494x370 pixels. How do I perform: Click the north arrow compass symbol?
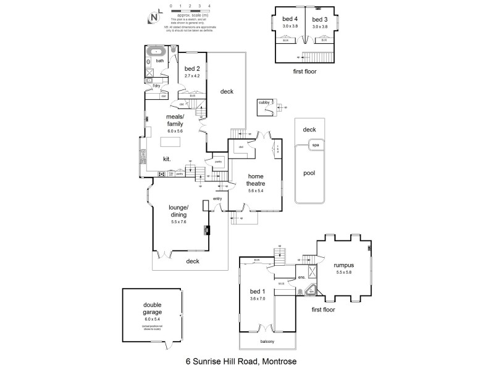tap(153, 17)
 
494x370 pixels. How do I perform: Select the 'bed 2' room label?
tap(193, 68)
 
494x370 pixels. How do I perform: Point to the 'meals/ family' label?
tap(176, 120)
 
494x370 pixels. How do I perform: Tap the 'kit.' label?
tap(167, 159)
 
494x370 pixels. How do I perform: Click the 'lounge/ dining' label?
tap(178, 211)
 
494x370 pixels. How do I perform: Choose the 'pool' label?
tap(309, 173)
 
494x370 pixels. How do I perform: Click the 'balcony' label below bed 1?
tap(267, 342)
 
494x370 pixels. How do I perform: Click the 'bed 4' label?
tap(282, 20)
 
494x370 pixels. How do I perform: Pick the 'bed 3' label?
tap(320, 20)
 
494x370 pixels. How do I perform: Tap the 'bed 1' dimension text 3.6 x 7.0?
tap(257, 298)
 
